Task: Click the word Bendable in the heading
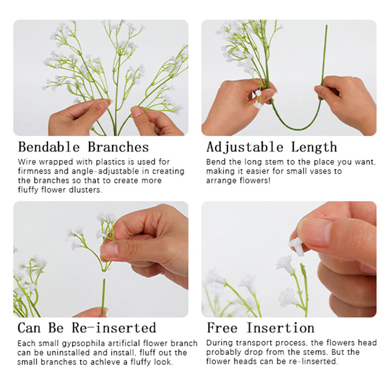pyautogui.click(x=49, y=147)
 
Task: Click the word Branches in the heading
pyautogui.click(x=118, y=147)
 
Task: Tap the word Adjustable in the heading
pyautogui.click(x=245, y=147)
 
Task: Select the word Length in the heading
pyautogui.click(x=314, y=147)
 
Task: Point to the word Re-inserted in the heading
pyautogui.click(x=114, y=328)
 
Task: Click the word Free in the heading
pyautogui.click(x=222, y=328)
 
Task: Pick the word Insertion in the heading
pyautogui.click(x=280, y=328)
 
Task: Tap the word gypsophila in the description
pyautogui.click(x=83, y=344)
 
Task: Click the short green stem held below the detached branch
pyautogui.click(x=103, y=296)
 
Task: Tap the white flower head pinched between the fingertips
pyautogui.click(x=297, y=246)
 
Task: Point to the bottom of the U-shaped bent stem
pyautogui.click(x=297, y=129)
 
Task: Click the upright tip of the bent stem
pyautogui.click(x=326, y=26)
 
